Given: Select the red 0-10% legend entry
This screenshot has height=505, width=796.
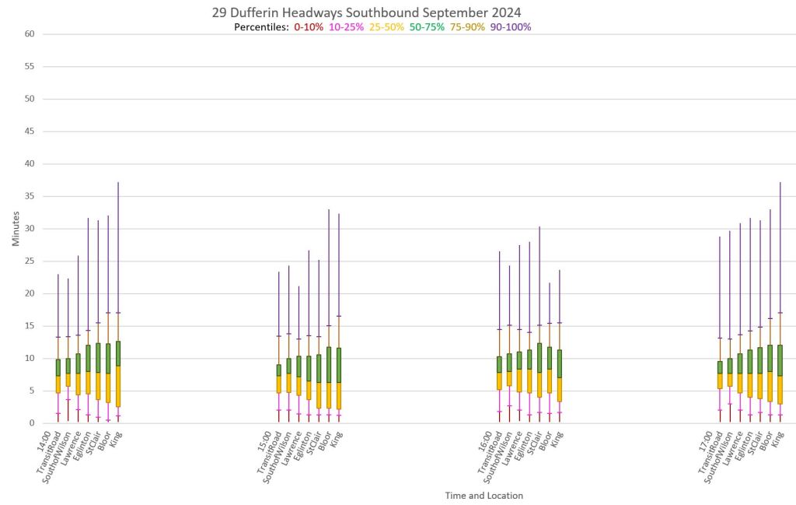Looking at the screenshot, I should pos(308,27).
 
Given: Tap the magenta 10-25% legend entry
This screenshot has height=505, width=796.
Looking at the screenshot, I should pos(347,27).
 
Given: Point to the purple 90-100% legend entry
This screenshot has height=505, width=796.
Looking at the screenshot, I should pos(510,27).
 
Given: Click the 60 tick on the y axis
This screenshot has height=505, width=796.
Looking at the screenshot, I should pos(29,34).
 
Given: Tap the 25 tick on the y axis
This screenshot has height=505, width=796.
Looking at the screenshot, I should pos(29,261).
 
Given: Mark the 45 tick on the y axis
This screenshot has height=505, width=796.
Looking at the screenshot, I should pos(29,132).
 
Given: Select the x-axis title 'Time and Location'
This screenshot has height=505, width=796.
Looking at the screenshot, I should pos(484,495).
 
